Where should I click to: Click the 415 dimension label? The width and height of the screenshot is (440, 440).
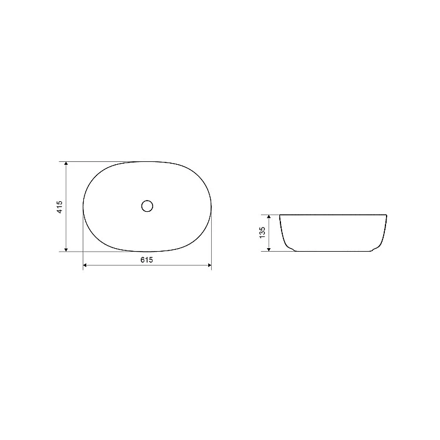60,207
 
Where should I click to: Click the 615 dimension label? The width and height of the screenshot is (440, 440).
147,260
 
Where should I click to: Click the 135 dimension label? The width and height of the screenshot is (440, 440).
262,233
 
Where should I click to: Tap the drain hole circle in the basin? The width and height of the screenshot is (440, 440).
147,206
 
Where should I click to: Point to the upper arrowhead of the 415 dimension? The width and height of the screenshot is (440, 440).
66,164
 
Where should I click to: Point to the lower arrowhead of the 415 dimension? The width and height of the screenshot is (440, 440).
66,249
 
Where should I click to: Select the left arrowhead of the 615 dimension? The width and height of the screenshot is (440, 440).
85,265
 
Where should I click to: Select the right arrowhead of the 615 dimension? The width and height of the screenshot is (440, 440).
209,265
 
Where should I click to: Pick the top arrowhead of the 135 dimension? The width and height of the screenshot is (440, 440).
269,217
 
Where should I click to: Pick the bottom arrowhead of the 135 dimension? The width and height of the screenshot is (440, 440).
269,249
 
